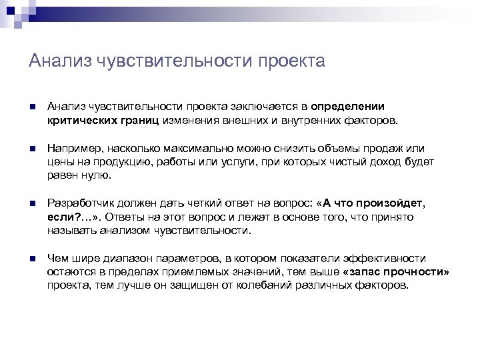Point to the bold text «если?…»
(66, 217)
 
